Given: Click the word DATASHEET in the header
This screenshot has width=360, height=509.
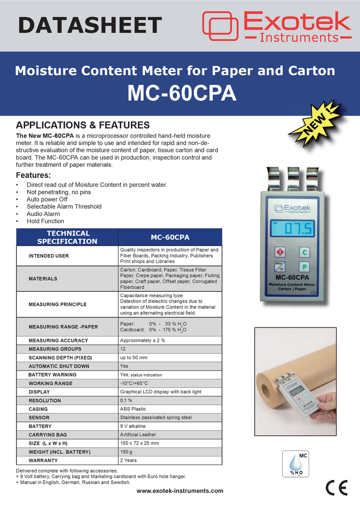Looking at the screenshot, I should tap(90, 25).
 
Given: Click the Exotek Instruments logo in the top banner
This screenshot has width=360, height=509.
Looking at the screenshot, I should tap(276, 27).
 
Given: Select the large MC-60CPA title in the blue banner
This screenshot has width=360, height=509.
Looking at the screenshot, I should tap(181, 93).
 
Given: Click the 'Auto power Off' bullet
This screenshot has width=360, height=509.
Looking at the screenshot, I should tap(47, 199).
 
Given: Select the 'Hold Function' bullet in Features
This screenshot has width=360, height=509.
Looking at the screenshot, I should tap(45, 221).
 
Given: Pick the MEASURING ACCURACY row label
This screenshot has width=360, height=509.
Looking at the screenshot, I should tap(58, 340).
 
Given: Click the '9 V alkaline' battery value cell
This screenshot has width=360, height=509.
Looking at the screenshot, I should tap(133, 426).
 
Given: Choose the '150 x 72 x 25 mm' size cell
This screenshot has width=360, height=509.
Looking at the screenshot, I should tap(139, 443).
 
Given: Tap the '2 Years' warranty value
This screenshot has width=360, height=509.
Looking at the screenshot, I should tap(128, 460).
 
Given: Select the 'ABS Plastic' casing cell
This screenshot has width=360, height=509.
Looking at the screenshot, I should tap(133, 409).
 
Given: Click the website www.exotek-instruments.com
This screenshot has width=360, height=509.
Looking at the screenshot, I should tap(180, 491).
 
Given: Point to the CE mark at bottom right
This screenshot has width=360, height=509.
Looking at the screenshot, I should tap(336, 487).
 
